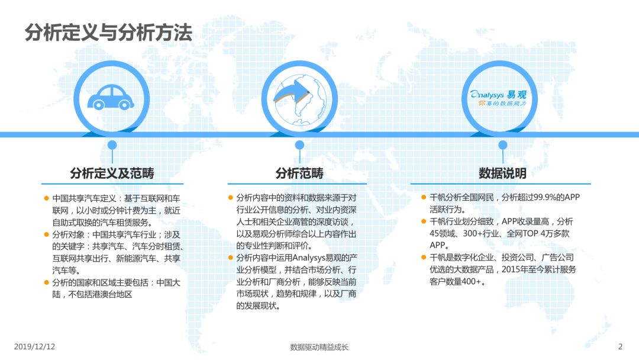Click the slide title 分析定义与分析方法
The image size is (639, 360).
(108, 32)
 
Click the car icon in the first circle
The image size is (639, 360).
(111, 97)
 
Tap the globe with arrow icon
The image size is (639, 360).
(299, 99)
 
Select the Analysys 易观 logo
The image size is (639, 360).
(498, 98)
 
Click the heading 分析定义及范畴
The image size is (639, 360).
(112, 173)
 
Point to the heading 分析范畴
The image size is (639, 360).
(299, 173)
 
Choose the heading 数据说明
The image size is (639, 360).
(502, 173)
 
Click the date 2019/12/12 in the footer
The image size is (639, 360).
(35, 346)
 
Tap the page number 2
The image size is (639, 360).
(620, 346)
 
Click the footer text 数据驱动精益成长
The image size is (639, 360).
(319, 347)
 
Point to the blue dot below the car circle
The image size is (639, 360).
(112, 145)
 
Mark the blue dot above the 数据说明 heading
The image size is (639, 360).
(502, 145)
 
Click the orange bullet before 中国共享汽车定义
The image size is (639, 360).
(47, 198)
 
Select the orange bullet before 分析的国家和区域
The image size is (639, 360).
(47, 282)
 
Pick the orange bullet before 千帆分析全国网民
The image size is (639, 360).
(424, 197)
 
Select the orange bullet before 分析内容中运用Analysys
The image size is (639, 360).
(230, 258)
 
